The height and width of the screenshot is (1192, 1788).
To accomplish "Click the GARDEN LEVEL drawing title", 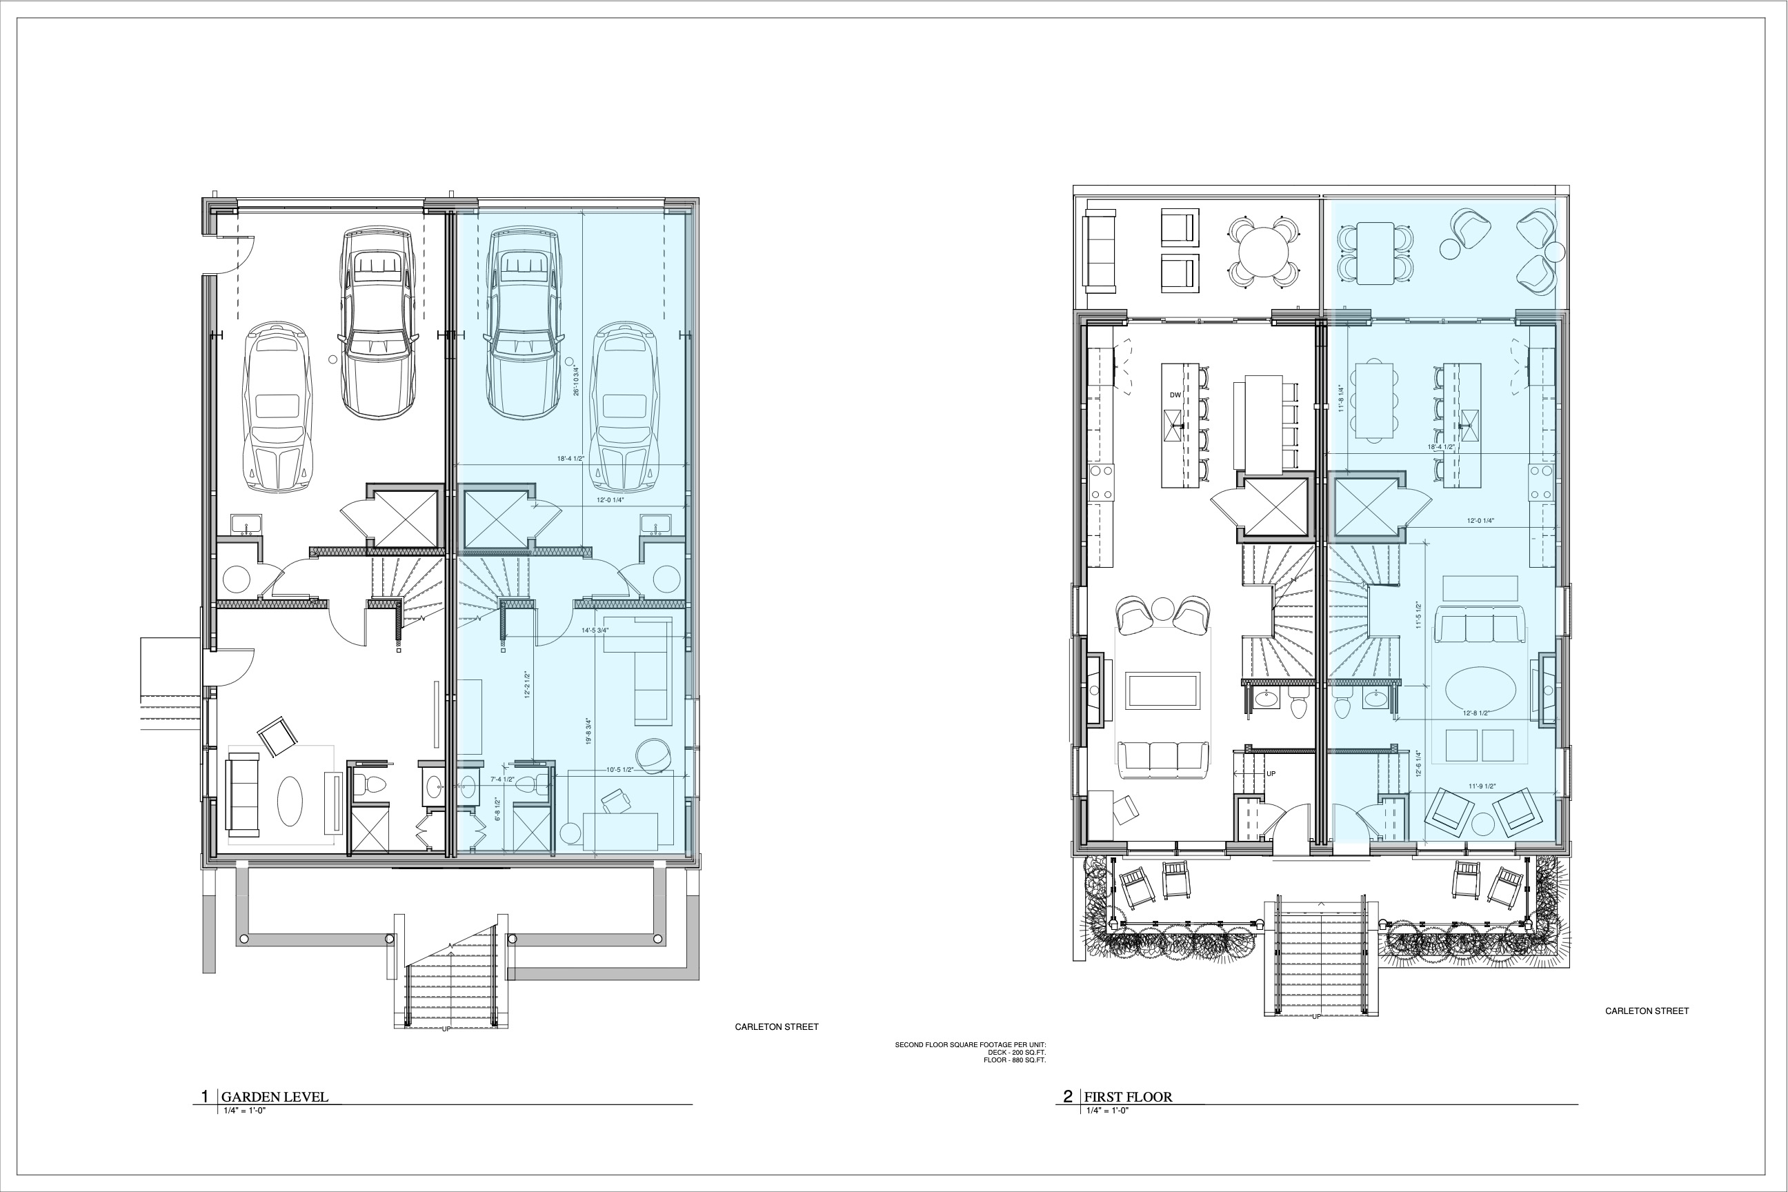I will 275,1096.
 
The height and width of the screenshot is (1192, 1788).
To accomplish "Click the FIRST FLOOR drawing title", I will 1127,1096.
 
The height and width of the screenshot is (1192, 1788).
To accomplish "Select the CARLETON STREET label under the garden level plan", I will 776,1026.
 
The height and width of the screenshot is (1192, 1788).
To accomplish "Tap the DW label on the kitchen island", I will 1175,395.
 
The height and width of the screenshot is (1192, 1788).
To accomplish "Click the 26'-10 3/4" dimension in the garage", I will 576,380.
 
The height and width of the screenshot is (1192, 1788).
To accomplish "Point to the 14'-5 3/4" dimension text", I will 595,630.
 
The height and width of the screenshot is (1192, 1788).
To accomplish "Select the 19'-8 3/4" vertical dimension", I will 588,731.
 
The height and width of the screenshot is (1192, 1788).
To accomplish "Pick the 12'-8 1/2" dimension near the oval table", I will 1476,713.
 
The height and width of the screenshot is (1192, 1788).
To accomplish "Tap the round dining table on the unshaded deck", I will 1264,252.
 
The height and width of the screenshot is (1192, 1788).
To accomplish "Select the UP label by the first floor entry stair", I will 1271,774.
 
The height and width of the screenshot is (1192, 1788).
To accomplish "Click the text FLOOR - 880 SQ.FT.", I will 1014,1060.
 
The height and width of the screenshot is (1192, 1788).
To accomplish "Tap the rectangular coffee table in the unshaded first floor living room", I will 1163,691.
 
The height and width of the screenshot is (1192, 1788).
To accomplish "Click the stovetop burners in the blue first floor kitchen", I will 1540,482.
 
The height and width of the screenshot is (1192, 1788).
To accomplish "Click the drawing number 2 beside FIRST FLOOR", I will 1067,1096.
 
